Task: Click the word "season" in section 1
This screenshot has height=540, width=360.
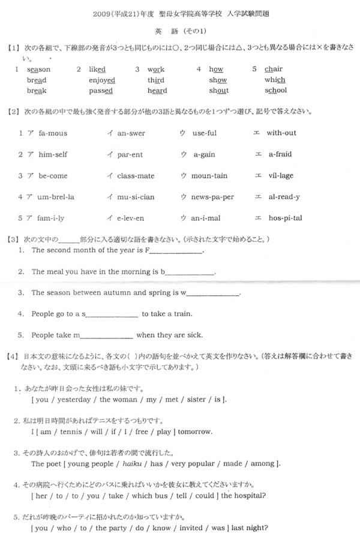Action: [39, 70]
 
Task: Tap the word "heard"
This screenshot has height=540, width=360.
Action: [157, 91]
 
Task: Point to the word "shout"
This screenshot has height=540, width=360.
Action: [219, 91]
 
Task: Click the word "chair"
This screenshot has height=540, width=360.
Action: [273, 70]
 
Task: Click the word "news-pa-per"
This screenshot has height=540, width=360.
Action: [212, 197]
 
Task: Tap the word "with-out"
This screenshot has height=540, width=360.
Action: [281, 133]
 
